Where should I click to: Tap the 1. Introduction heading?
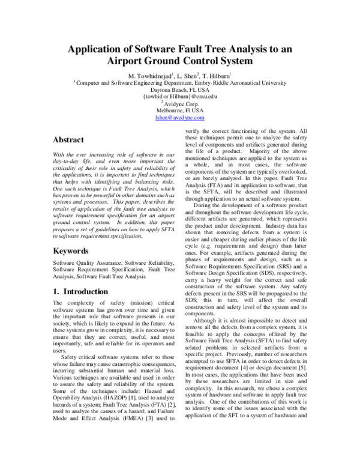(x=81, y=292)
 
